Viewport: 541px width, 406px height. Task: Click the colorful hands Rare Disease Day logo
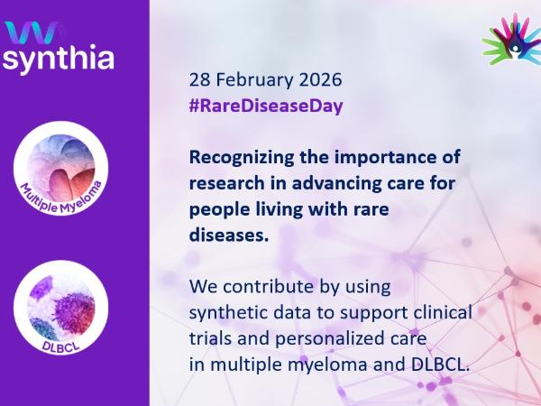511,42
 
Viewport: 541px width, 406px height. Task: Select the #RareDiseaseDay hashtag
267,105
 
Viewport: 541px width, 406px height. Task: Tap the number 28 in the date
198,78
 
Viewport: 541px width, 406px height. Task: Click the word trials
209,339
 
